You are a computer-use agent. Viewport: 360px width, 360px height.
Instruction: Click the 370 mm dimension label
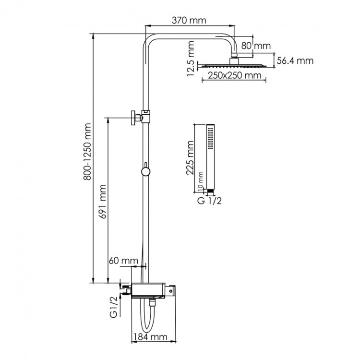(191, 20)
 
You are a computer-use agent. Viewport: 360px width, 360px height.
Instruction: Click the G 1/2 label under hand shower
(209, 201)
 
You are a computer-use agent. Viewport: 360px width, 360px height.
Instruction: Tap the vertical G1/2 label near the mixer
(114, 307)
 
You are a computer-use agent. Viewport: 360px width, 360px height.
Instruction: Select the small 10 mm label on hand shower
(201, 183)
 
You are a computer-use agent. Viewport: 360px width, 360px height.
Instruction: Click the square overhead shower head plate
(234, 65)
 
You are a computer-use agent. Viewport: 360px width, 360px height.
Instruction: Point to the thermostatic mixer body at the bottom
(153, 290)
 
